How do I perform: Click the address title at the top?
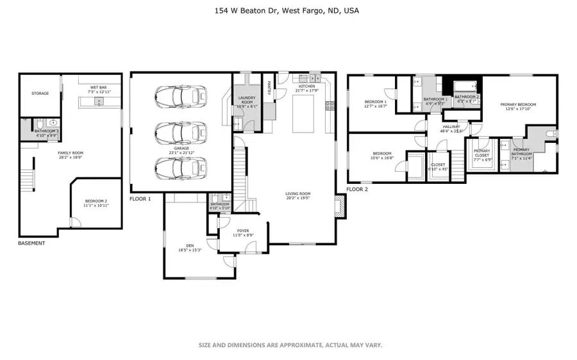coord(288,11)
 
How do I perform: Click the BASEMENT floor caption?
coord(31,243)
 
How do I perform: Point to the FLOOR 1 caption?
coord(140,199)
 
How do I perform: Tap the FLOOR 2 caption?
coord(358,190)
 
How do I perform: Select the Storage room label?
coord(40,94)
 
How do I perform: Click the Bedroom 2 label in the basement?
coord(96,202)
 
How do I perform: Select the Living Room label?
coord(298,195)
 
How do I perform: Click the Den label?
coord(190,246)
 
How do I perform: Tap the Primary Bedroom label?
coord(519,106)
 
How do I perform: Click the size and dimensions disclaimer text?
coord(290,345)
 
